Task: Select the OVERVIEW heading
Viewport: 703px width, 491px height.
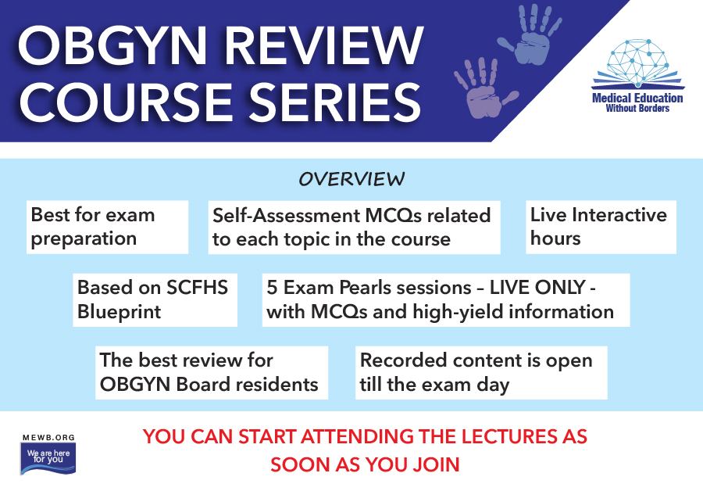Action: pos(351,179)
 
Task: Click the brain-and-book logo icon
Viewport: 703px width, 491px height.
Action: pos(637,64)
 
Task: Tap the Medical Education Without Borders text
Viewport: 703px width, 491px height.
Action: pos(637,102)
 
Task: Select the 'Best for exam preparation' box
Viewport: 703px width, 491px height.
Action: pos(107,227)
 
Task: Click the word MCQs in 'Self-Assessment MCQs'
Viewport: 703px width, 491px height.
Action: pos(393,216)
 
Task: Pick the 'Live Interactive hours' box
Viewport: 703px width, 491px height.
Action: pos(601,227)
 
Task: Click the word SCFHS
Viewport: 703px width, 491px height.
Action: pos(198,288)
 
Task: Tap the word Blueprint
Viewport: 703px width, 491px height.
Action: pos(119,312)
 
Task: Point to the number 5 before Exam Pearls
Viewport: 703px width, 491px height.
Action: pos(272,288)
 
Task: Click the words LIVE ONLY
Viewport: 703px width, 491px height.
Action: pos(537,288)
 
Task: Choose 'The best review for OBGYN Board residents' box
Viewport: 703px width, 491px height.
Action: pos(212,372)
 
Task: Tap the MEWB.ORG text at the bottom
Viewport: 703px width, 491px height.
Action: pos(48,438)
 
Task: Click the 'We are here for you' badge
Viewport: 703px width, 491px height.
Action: pos(48,459)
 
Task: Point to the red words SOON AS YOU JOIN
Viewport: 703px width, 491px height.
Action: pos(365,464)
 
